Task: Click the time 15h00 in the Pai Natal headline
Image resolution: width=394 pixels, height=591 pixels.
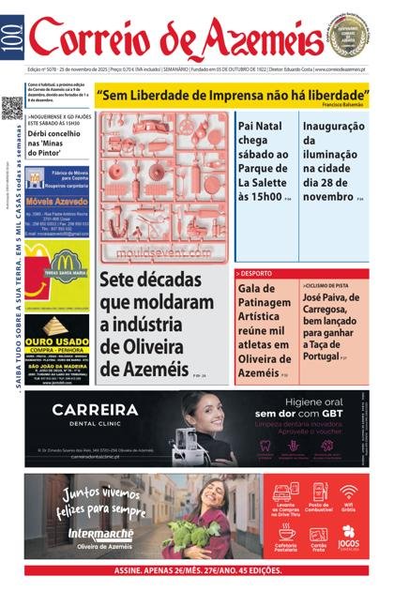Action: pos(260,197)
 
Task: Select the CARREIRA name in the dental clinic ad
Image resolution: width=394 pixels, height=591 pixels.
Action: pos(95,410)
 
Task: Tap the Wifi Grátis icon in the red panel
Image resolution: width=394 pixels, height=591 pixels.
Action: pos(348,493)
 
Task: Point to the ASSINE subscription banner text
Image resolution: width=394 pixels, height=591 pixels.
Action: pos(197,569)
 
